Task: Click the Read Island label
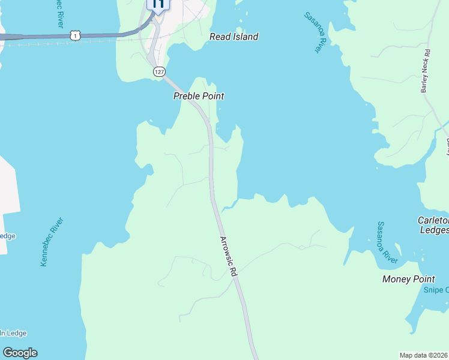[x=234, y=37]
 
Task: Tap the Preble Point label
[x=198, y=96]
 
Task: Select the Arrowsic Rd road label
[x=229, y=256]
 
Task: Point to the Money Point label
[x=408, y=279]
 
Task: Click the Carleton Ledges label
[x=433, y=226]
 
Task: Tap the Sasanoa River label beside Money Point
[x=387, y=242]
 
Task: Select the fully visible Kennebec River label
[x=52, y=242]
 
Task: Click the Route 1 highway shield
[x=74, y=35]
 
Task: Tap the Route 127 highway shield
[x=158, y=71]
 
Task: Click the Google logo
[x=20, y=353]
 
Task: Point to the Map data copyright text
[x=424, y=355]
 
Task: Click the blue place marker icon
[x=158, y=4]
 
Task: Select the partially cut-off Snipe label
[x=436, y=290]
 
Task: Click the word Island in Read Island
[x=244, y=37]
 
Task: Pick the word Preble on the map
[x=186, y=96]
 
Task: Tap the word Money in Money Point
[x=396, y=279]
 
